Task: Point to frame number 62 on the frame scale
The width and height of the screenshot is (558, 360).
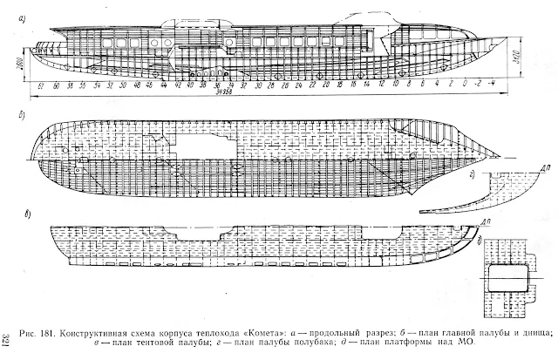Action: point(43,87)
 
